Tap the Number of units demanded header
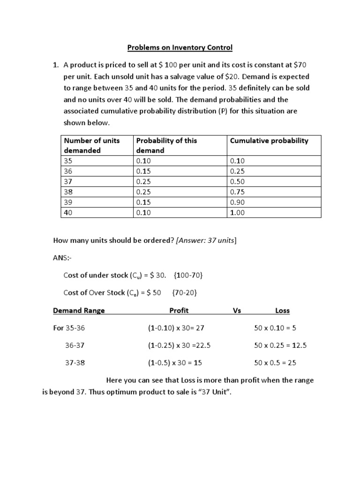[92, 145]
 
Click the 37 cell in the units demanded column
[68, 181]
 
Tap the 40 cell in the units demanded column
[68, 212]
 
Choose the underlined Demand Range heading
[79, 310]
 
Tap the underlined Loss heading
[282, 310]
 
